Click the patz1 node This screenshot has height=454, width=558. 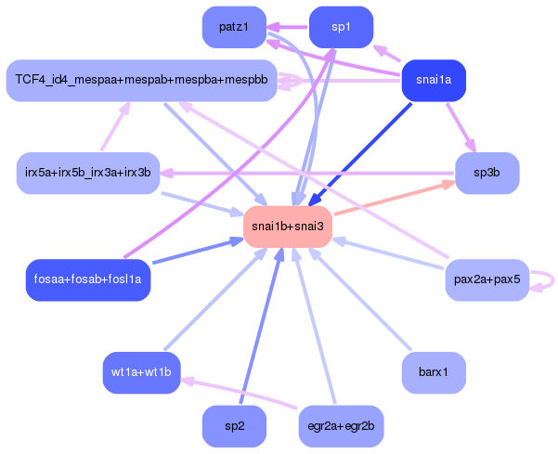[x=234, y=27]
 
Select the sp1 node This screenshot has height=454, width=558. [x=342, y=27]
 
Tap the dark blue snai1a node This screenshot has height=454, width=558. [x=434, y=81]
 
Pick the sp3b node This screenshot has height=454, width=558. [x=487, y=174]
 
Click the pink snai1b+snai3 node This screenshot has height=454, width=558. [x=288, y=227]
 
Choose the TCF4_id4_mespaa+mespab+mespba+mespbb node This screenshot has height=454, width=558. [x=142, y=81]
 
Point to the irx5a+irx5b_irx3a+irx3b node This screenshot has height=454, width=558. [x=88, y=174]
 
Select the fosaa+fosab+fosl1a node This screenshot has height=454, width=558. [x=88, y=280]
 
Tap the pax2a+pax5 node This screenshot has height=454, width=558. [x=487, y=280]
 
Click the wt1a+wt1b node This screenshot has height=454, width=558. [x=142, y=373]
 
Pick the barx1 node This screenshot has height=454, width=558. [x=434, y=373]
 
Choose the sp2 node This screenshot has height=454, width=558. [x=234, y=426]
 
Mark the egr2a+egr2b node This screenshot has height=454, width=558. [x=342, y=426]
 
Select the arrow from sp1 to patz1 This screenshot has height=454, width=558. [x=288, y=27]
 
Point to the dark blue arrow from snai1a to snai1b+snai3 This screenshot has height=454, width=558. [x=359, y=154]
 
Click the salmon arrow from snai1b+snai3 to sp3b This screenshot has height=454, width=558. [x=395, y=198]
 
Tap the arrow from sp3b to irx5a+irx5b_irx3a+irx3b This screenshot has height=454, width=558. [x=307, y=174]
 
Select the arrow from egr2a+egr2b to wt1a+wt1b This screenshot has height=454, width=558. [x=239, y=394]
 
